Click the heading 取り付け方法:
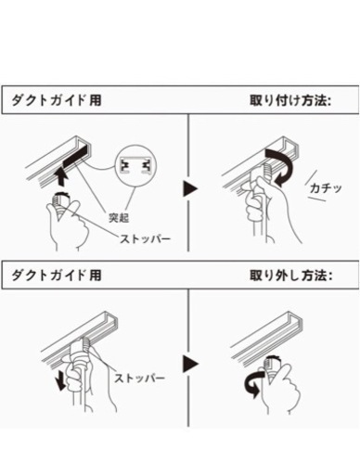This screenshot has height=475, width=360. point(290,101)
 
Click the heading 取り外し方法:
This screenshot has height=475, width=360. point(290,276)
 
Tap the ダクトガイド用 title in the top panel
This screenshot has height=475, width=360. point(57,100)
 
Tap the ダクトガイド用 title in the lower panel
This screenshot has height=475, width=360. point(57,275)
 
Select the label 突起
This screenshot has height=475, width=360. point(119,218)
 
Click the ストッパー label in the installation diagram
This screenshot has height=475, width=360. point(145,238)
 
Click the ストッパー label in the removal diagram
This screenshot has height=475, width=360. point(139,378)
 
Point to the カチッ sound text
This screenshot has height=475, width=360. point(326,187)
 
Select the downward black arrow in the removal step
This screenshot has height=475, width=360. point(61,380)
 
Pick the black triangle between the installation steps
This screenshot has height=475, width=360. point(189,188)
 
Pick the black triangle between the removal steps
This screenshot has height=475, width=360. point(189,364)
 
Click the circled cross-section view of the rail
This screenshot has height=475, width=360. point(135,167)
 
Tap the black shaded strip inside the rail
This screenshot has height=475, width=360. point(75,157)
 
